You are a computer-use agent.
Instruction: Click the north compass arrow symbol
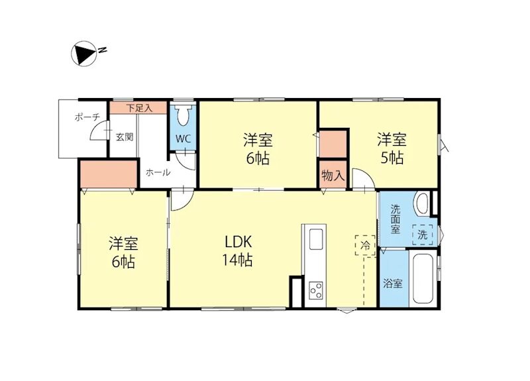pyautogui.click(x=83, y=54)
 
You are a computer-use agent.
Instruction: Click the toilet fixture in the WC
pyautogui.click(x=184, y=116)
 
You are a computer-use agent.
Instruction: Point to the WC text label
pyautogui.click(x=184, y=140)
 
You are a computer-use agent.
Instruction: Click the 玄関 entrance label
pyautogui.click(x=125, y=138)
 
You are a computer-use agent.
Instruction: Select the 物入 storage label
pyautogui.click(x=333, y=176)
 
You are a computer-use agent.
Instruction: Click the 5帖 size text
pyautogui.click(x=392, y=158)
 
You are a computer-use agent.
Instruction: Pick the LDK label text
pyautogui.click(x=237, y=241)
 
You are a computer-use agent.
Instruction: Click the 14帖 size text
pyautogui.click(x=237, y=260)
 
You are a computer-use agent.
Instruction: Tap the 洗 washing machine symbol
pyautogui.click(x=422, y=234)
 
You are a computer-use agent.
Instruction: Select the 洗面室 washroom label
pyautogui.click(x=396, y=219)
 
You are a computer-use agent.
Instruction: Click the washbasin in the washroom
pyautogui.click(x=421, y=203)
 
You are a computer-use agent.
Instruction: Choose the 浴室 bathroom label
pyautogui.click(x=393, y=284)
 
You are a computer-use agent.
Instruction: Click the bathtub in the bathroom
pyautogui.click(x=422, y=278)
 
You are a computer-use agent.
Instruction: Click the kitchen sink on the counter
pyautogui.click(x=315, y=239)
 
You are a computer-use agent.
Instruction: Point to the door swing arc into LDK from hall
pyautogui.click(x=179, y=203)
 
